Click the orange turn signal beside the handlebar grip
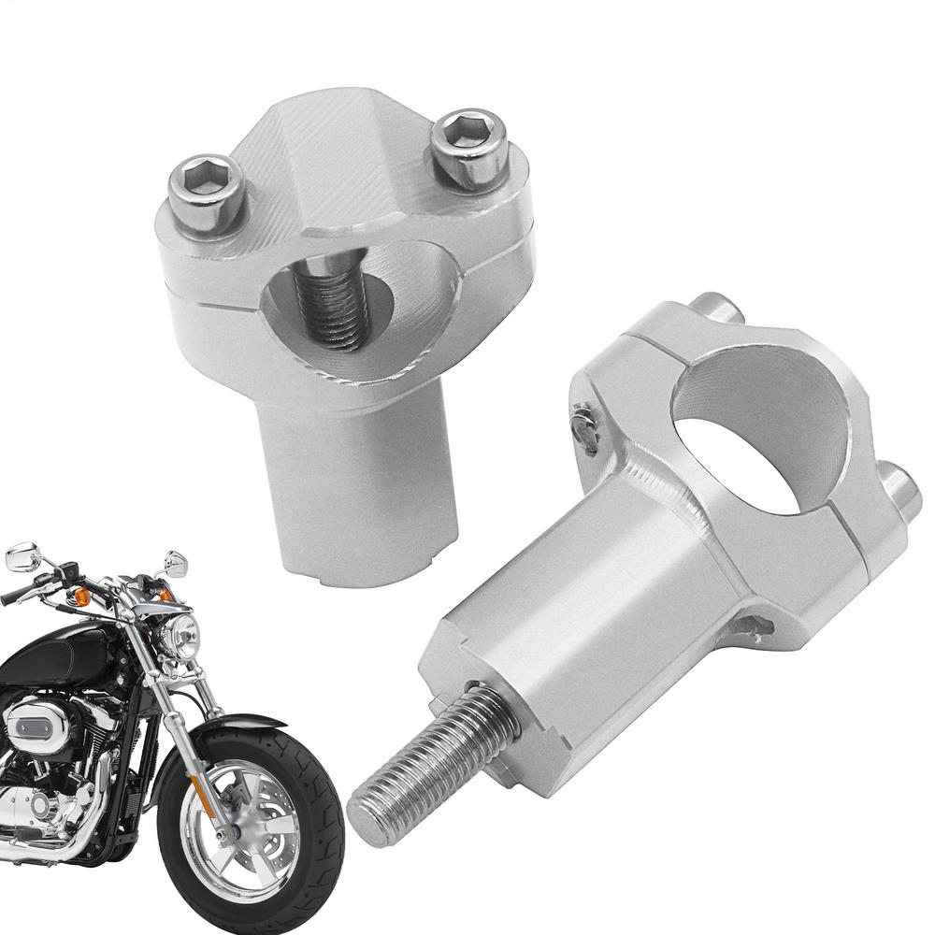(x=81, y=597)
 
